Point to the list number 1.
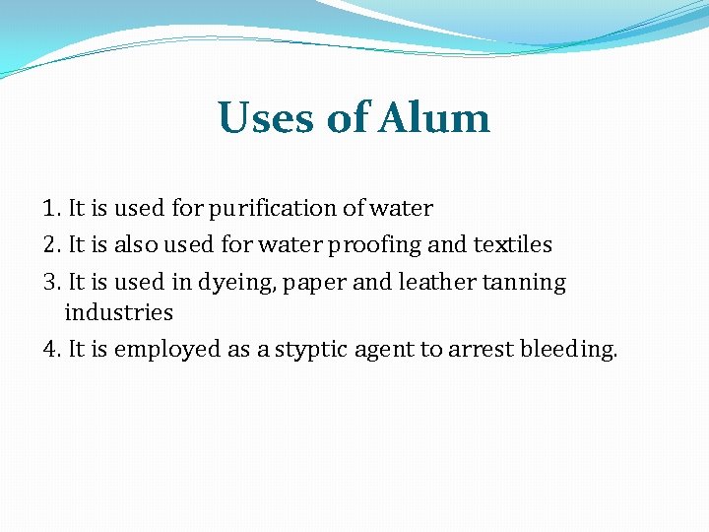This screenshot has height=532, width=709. pos(51,209)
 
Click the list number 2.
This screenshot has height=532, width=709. pos(51,244)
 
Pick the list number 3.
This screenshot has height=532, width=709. pos(51,282)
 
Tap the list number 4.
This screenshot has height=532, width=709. pos(51,350)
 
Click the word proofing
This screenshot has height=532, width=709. pos(382,244)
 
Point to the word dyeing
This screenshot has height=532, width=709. pos(237,283)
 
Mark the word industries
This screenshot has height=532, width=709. pos(118,313)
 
